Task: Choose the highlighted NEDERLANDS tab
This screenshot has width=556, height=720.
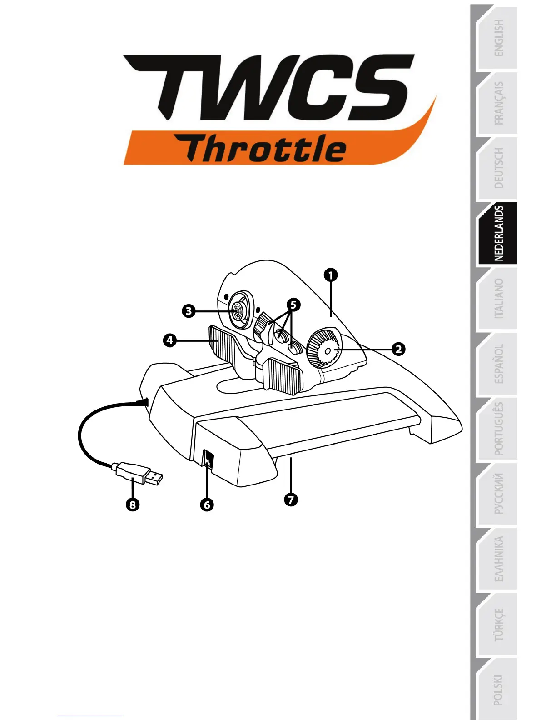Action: coord(498,234)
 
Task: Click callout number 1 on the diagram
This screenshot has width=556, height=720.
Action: coord(331,275)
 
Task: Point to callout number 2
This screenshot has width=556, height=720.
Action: coord(398,349)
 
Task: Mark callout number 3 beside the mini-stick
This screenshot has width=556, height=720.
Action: coord(189,311)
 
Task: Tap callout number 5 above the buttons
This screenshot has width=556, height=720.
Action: coord(293,304)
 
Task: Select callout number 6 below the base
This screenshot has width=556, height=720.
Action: coord(207,505)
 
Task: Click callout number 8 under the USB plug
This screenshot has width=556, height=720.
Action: coord(133,505)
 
